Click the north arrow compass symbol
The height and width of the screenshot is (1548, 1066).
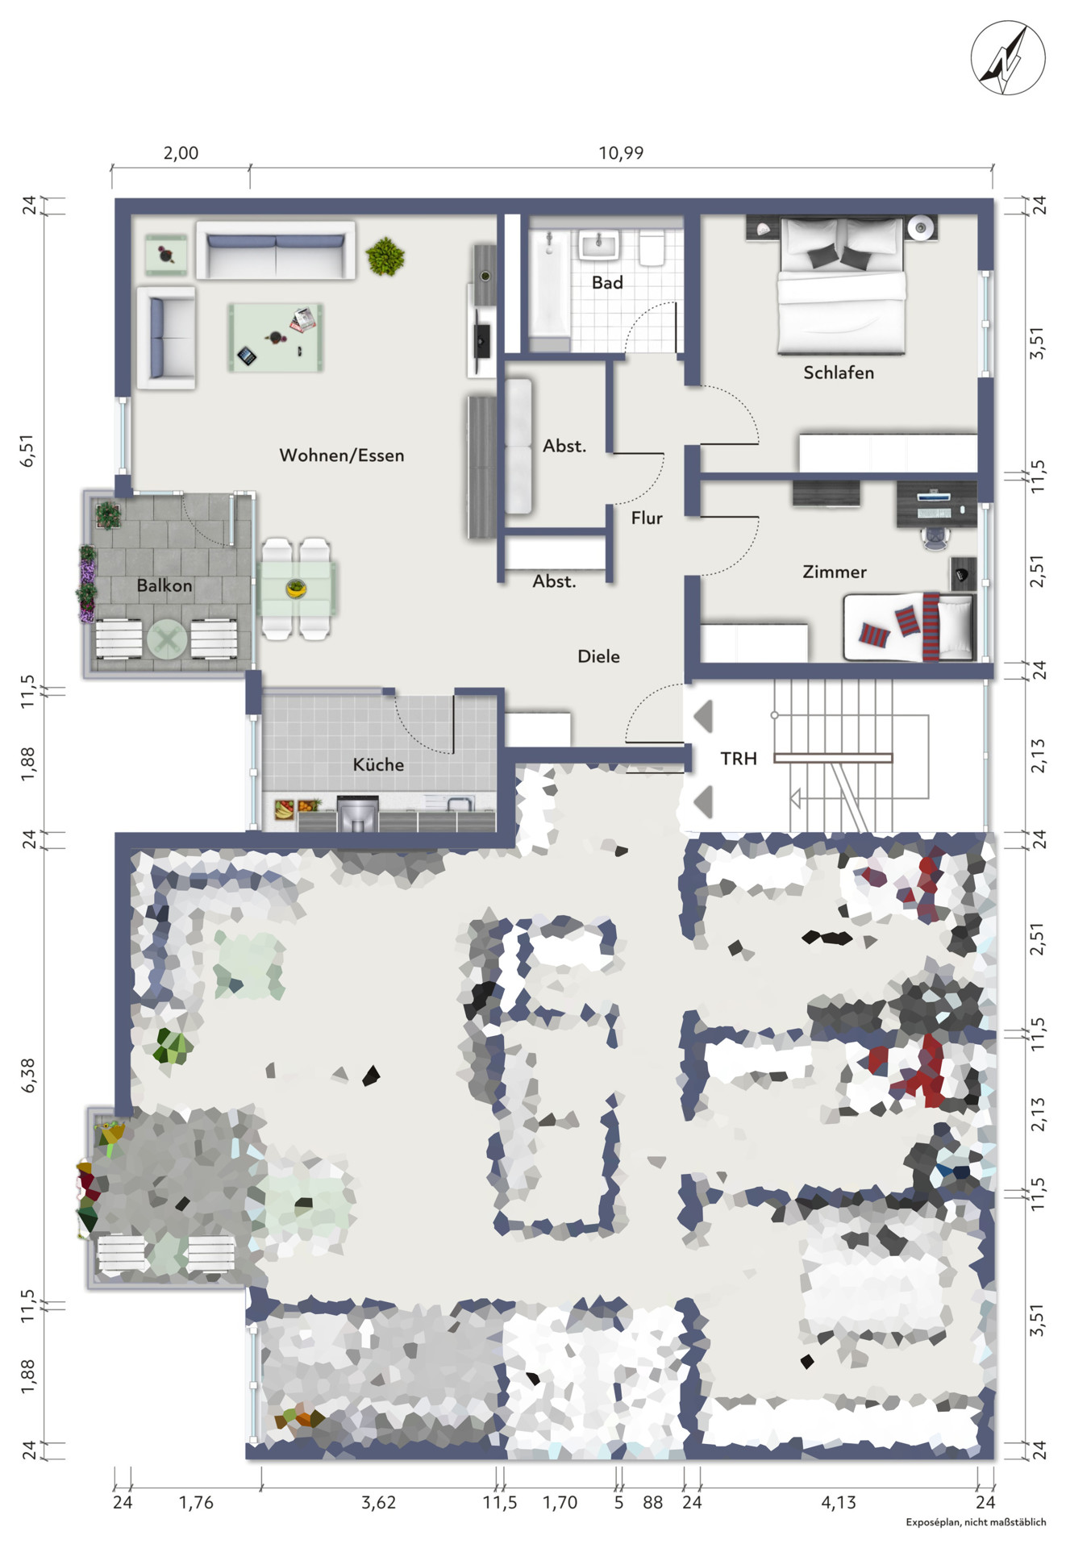[x=1008, y=59]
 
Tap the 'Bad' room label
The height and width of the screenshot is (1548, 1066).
[x=607, y=283]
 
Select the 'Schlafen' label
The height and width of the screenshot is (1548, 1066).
[x=839, y=372]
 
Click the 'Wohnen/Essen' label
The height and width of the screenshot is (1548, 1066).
[x=342, y=456]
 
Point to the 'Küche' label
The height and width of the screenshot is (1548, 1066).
[x=378, y=764]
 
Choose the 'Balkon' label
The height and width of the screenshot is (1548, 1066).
[x=164, y=585]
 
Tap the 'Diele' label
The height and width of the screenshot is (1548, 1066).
[x=598, y=656]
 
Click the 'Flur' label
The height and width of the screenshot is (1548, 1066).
[x=647, y=518]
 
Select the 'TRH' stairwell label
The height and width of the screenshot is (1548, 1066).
[x=739, y=759]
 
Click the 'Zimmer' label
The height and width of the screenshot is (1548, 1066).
[x=835, y=572]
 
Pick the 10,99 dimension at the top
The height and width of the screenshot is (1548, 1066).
[x=621, y=153]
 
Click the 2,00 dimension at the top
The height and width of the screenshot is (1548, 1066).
[x=181, y=153]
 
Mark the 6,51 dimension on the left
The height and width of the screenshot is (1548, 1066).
[x=29, y=450]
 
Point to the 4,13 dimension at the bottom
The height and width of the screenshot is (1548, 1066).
[x=839, y=1502]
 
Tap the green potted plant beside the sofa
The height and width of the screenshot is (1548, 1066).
[x=385, y=257]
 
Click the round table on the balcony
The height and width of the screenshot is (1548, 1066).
[x=167, y=641]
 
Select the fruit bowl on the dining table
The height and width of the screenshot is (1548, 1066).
[x=296, y=589]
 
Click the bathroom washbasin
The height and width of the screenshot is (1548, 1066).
[x=598, y=244]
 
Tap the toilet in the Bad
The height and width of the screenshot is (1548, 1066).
[x=652, y=248]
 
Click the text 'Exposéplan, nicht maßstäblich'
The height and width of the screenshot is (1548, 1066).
[x=976, y=1522]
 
